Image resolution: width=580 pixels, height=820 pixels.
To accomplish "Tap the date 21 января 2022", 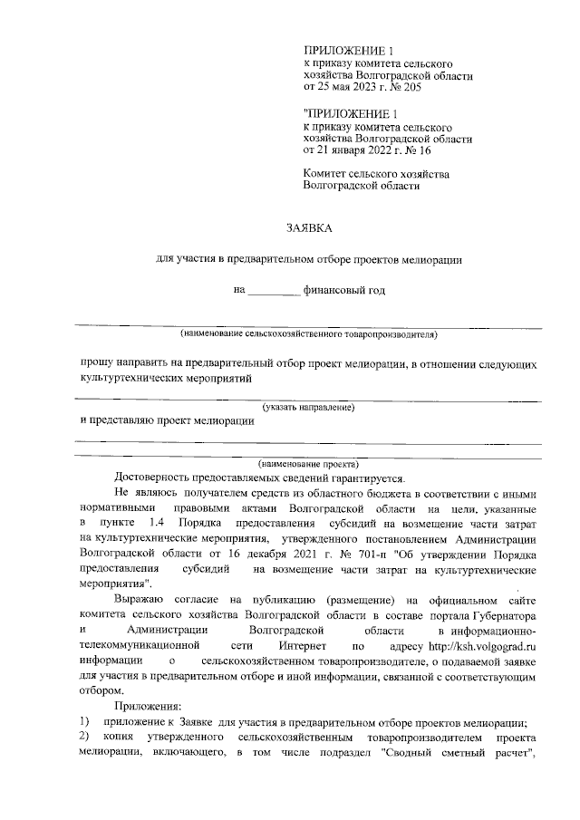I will point(358,151).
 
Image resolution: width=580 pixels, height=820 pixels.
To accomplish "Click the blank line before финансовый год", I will point(274,292).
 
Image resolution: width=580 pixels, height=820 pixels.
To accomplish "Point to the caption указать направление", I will point(308,408).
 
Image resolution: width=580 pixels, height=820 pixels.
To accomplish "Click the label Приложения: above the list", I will point(148,706).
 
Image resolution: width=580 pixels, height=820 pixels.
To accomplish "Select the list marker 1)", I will point(84,722).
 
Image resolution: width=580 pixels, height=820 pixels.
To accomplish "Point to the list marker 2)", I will point(84,738).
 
